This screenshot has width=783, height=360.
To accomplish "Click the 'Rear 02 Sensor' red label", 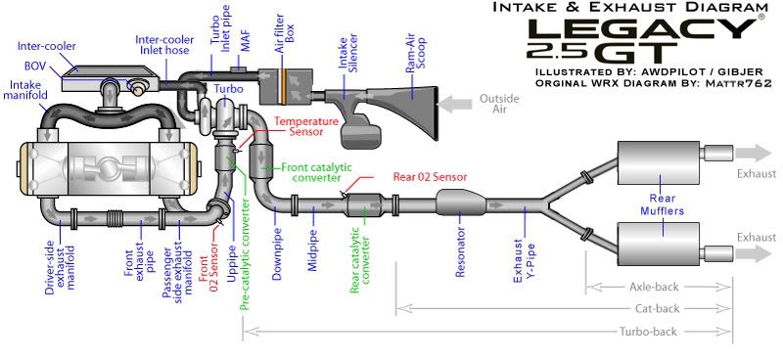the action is [430, 177].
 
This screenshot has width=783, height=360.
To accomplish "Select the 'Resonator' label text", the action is [461, 252].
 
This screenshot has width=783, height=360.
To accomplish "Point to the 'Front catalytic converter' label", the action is [316, 172].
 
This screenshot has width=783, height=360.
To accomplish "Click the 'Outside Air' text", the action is [499, 104].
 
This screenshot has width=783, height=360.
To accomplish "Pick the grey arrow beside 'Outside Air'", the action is [454, 105].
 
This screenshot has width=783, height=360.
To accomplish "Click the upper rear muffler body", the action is [658, 154].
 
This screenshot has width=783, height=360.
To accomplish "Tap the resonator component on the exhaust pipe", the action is [460, 203].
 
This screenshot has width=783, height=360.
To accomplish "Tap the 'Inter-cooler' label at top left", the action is [46, 46].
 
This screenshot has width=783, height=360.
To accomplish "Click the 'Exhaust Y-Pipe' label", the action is [525, 261].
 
